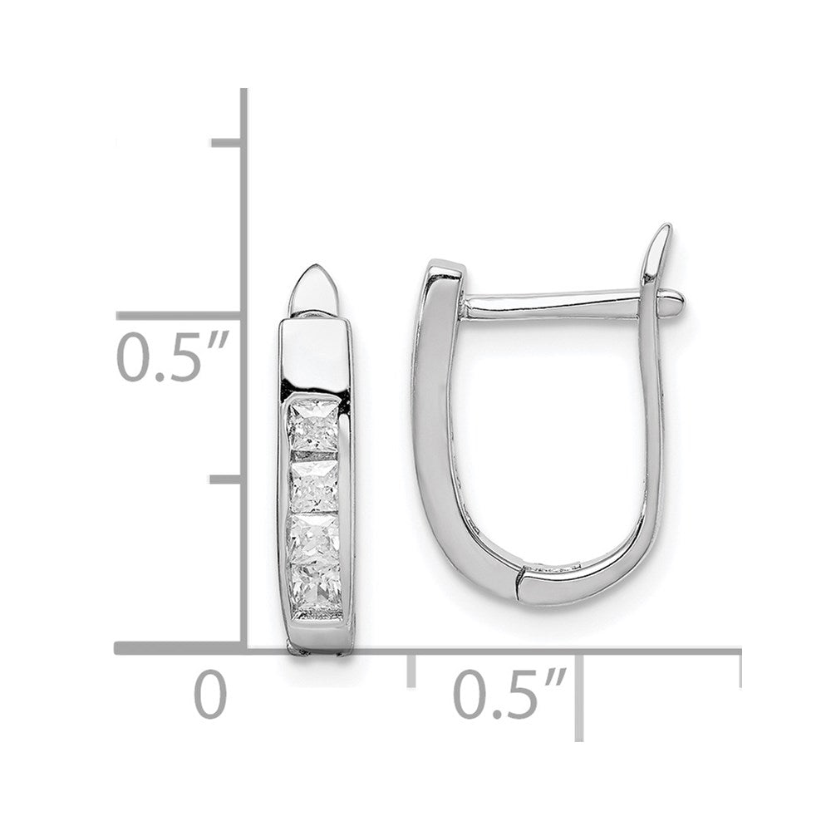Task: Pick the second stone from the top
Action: pyautogui.click(x=314, y=487)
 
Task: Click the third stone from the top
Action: pyautogui.click(x=314, y=538)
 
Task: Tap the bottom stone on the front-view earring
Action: pyautogui.click(x=314, y=586)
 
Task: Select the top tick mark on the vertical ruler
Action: pyautogui.click(x=226, y=144)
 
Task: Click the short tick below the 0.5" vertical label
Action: pyautogui.click(x=226, y=480)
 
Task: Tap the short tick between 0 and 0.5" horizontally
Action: pyautogui.click(x=411, y=669)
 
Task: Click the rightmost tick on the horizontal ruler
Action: pyautogui.click(x=739, y=669)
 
